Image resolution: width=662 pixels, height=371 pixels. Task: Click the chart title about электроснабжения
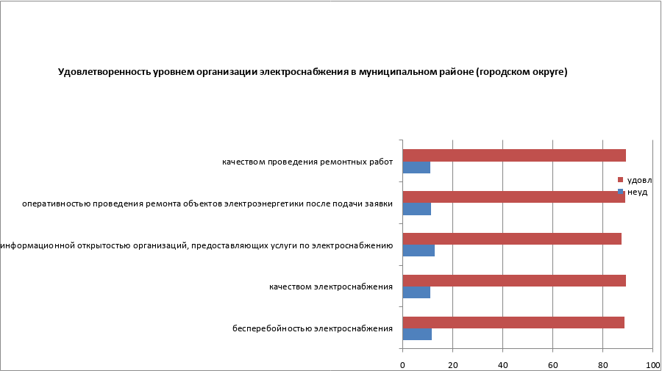coord(313,72)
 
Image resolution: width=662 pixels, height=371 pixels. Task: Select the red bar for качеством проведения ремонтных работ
coord(514,155)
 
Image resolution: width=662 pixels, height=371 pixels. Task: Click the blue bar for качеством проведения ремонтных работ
coord(416,168)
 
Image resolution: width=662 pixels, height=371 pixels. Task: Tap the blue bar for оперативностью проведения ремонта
coord(417,209)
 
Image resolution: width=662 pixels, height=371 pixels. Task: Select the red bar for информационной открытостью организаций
coord(512,239)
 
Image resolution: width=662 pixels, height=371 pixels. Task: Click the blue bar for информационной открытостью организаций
coord(419,251)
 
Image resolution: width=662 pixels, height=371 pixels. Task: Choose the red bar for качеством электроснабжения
coord(514,280)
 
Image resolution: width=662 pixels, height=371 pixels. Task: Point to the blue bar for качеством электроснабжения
coord(416,292)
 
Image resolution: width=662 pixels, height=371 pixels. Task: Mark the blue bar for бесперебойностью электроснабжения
coord(417,334)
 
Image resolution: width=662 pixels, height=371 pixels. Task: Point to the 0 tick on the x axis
coord(403,364)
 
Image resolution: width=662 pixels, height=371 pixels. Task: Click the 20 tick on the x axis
coord(453,364)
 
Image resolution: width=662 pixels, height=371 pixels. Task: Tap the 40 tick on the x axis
coord(503,364)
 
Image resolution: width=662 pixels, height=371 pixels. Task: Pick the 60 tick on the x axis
coord(553,364)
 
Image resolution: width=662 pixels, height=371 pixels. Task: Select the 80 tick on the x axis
coord(603,364)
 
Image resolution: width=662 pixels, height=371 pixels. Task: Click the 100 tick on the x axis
coord(652,364)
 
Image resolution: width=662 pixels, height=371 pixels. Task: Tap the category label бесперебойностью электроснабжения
coord(312,328)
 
